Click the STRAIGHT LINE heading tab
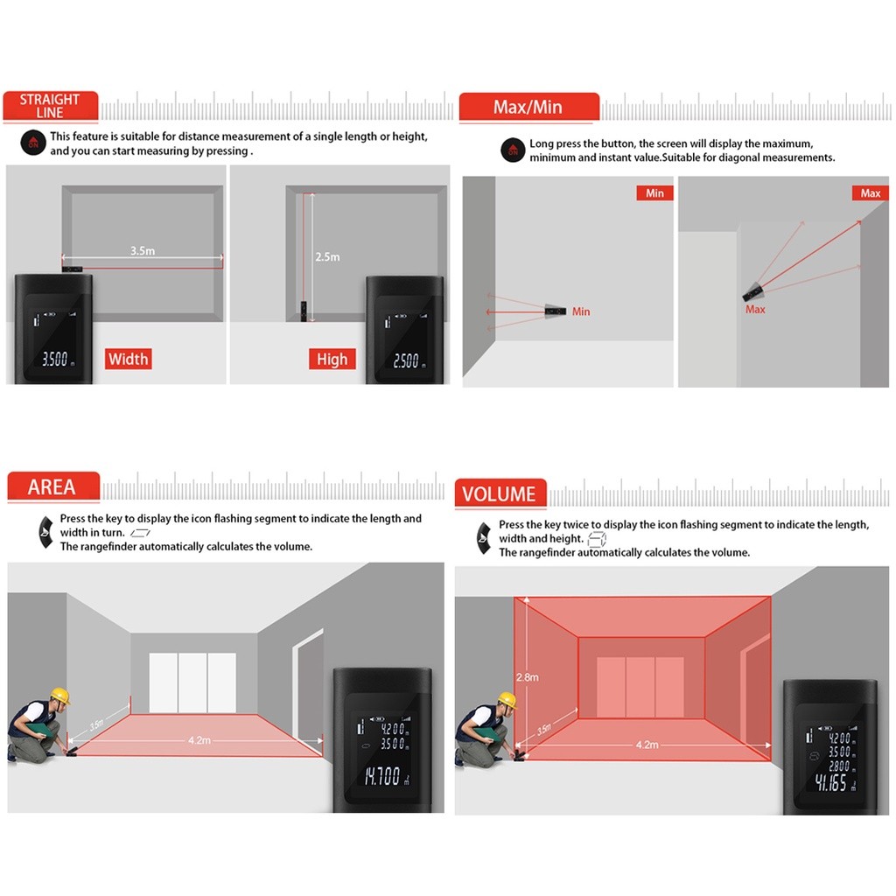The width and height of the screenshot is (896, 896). [50, 106]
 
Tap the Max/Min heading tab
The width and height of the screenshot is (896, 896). [528, 107]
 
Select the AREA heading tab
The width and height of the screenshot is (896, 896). [53, 486]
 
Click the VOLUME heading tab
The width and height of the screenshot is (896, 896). [500, 493]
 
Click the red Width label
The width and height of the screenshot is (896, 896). [128, 359]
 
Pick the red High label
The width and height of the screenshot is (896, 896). [332, 359]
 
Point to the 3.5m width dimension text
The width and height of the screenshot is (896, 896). [143, 250]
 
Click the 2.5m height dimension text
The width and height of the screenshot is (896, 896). [327, 256]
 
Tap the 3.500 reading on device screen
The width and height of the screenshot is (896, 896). [55, 359]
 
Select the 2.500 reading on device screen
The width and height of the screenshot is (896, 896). [406, 360]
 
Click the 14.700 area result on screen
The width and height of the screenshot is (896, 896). [383, 775]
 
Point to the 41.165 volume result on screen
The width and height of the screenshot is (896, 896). [831, 781]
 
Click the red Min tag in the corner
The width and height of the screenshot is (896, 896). [654, 193]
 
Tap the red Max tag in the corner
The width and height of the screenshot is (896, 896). [871, 193]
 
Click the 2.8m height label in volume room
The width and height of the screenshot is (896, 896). [528, 677]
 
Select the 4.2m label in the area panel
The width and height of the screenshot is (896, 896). [199, 740]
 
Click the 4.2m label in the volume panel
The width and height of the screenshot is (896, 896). [647, 745]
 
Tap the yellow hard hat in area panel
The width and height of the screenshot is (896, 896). [59, 696]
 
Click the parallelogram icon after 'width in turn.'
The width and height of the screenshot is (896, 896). [140, 533]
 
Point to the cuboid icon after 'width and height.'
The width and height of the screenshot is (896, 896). [597, 539]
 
